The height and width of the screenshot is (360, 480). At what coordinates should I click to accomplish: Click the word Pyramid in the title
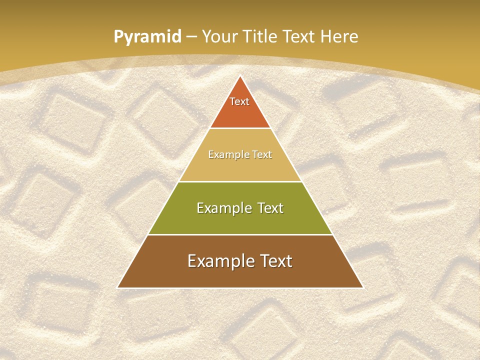147,37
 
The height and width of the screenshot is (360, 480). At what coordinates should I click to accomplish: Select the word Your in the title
221,36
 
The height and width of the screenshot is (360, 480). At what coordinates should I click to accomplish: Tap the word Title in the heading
262,36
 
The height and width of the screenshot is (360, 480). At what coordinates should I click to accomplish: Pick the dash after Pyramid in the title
191,37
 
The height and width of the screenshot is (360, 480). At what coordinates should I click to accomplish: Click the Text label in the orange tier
239,101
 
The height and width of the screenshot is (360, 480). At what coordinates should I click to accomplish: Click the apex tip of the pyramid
240,76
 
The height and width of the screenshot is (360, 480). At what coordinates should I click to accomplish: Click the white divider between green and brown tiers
240,234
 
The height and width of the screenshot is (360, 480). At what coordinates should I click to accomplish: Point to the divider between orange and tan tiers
240,128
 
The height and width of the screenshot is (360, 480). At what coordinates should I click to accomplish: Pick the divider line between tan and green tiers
240,181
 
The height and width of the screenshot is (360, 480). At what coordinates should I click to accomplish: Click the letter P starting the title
118,37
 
